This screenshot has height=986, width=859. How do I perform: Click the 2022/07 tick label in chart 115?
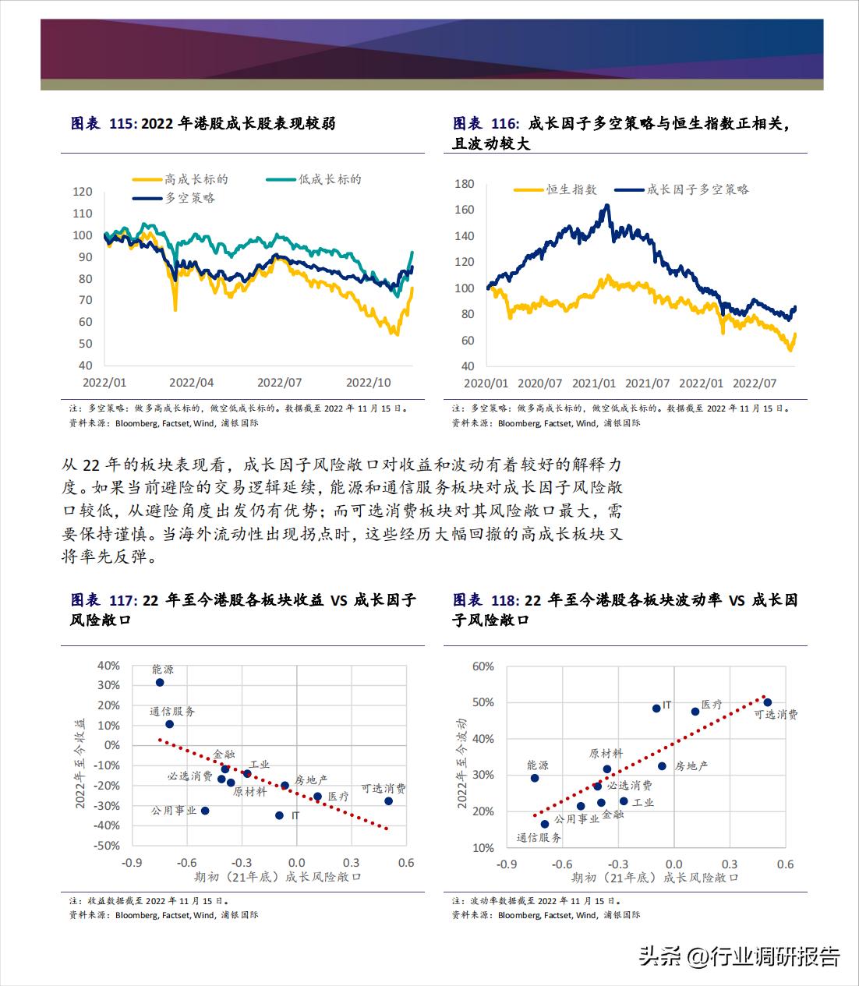coord(280,383)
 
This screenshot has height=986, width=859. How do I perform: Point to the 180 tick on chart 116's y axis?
coord(464,184)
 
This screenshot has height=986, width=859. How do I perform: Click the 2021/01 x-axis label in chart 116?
coord(593,383)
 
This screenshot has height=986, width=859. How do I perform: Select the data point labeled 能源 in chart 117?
coord(160,682)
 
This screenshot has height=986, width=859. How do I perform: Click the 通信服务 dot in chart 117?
coord(169,724)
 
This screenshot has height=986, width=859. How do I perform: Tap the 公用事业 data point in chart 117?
coord(205,811)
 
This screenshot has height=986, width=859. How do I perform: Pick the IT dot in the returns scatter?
coord(279,815)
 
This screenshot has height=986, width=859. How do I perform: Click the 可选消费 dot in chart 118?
coord(767,702)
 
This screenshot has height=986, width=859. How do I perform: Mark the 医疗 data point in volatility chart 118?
coord(695,712)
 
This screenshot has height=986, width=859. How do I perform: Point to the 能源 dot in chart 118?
coord(535,778)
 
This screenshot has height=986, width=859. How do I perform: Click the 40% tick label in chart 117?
coord(108,666)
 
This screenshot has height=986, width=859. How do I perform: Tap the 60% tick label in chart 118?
coord(483,666)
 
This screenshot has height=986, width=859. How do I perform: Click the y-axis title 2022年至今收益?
coord(80,753)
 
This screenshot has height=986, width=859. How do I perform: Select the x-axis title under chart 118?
coord(655,878)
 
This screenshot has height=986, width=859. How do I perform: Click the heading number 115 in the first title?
coord(122,123)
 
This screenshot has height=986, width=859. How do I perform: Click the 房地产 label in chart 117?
coord(310,779)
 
